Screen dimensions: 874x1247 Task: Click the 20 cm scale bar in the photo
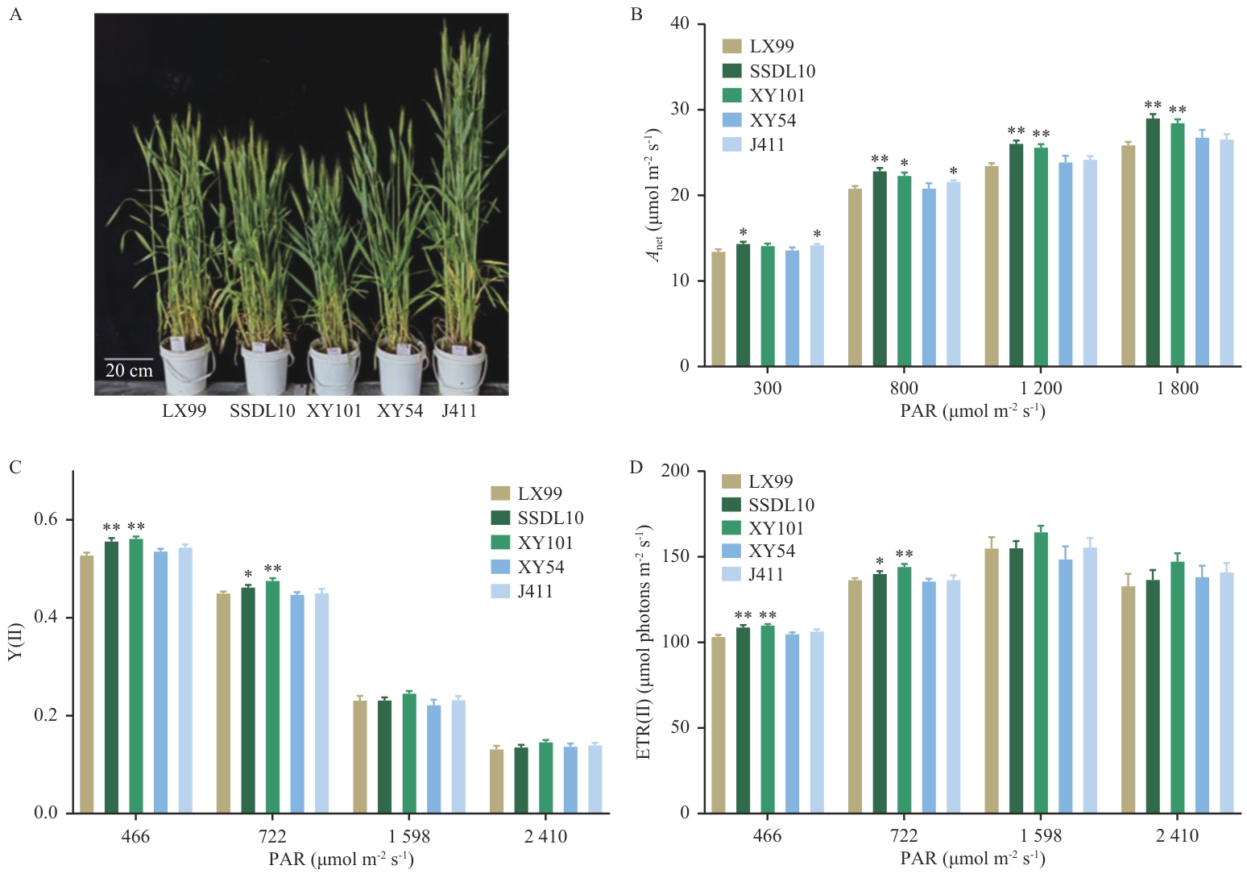pyautogui.click(x=129, y=359)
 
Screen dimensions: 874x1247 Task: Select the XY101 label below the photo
pyautogui.click(x=333, y=411)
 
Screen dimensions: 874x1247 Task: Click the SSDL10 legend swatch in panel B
pyautogui.click(x=731, y=71)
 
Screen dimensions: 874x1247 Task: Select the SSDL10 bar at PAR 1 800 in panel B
pyautogui.click(x=1153, y=242)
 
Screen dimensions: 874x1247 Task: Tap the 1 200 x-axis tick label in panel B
pyautogui.click(x=1041, y=389)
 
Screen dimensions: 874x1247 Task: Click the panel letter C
pyautogui.click(x=14, y=468)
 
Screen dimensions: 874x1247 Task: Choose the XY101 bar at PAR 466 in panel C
pyautogui.click(x=136, y=676)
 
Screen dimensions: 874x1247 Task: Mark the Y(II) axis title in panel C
pyautogui.click(x=16, y=642)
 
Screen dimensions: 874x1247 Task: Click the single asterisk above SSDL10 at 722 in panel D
pyautogui.click(x=880, y=562)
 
